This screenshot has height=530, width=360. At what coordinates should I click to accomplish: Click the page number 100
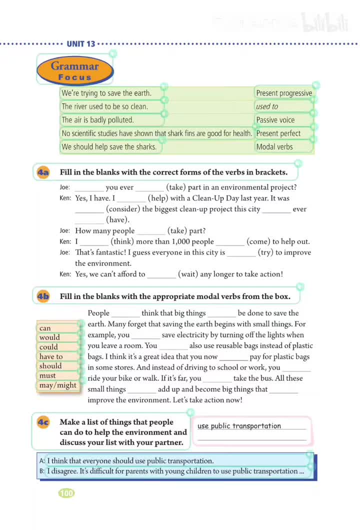pos(66,493)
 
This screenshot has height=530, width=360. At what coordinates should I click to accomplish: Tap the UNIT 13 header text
pos(80,44)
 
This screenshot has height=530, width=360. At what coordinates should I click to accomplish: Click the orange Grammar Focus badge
pos(75,71)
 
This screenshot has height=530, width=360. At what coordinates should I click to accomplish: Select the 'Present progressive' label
pos(283,93)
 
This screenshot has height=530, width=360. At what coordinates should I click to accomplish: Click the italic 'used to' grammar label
pos(267,106)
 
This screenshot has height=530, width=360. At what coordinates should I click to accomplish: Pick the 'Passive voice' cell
pos(275,120)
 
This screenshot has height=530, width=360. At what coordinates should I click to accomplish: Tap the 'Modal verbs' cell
pos(274,147)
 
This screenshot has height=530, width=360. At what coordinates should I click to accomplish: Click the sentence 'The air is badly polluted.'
pos(97,120)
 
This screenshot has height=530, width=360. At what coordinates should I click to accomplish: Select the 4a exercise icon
pos(43,172)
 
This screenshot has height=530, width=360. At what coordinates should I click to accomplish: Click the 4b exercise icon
pos(43,296)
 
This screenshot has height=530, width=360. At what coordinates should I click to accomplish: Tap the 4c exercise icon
pos(43,422)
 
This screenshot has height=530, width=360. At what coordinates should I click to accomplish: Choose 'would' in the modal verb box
pos(49,337)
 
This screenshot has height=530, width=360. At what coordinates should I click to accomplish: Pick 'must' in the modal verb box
pos(48,375)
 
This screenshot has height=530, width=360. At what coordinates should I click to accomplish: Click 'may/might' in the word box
pos(58,385)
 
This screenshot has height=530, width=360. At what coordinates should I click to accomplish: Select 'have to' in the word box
pos(51,356)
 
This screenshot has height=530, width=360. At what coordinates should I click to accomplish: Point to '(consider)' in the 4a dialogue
pos(122,209)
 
